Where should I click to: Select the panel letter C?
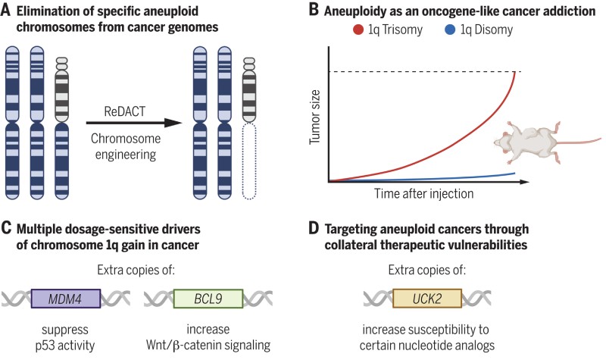(7, 227)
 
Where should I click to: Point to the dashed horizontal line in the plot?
(424, 72)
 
